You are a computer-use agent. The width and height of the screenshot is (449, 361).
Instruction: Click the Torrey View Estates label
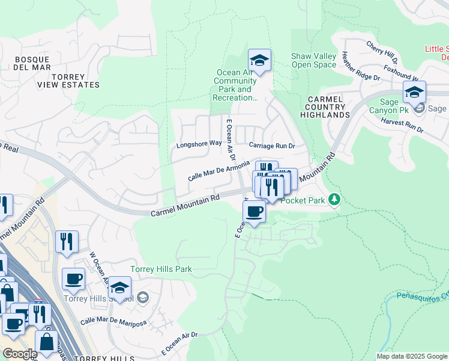click(x=76, y=81)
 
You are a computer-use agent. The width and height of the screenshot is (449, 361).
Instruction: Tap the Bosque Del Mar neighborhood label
click(x=26, y=63)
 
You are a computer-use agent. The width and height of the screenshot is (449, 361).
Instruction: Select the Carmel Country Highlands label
click(x=325, y=106)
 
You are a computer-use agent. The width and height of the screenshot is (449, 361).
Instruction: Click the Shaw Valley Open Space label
click(x=313, y=60)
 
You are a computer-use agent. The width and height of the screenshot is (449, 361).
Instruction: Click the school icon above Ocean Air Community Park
click(x=259, y=61)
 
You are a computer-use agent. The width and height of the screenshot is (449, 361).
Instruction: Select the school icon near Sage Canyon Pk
click(x=414, y=93)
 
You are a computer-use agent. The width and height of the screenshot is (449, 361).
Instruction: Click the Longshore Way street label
click(x=196, y=145)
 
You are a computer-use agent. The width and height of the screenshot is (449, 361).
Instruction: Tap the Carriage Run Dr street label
click(x=273, y=146)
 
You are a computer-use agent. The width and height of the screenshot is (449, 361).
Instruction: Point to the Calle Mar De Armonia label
click(x=218, y=170)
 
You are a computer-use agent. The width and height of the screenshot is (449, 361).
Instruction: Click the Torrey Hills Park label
click(x=162, y=269)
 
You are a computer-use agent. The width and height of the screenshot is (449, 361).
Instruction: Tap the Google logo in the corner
click(x=19, y=353)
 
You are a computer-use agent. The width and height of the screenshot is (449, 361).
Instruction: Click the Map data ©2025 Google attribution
click(x=412, y=356)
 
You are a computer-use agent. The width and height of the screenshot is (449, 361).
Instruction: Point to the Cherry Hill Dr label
click(x=382, y=52)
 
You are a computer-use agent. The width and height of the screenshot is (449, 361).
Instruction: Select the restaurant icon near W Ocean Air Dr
click(x=67, y=242)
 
